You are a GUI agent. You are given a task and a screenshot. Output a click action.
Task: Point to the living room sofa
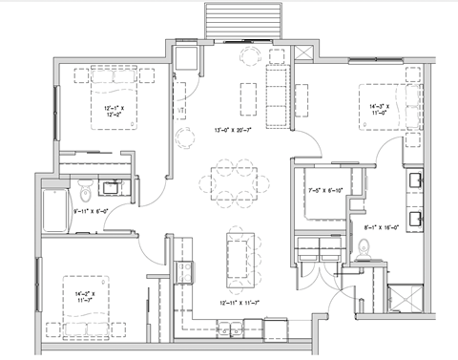[x=278, y=96]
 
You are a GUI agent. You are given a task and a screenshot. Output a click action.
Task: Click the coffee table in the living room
[x=248, y=96]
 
